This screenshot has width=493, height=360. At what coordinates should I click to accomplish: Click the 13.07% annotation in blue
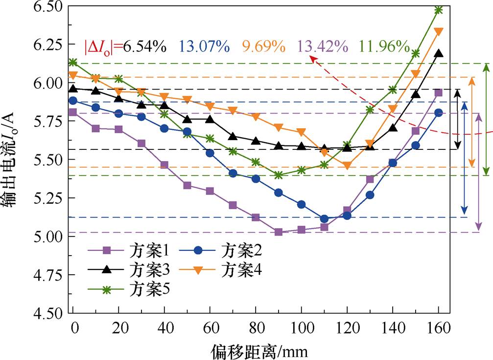click(205, 47)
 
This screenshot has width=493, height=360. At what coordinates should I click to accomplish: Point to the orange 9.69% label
click(263, 47)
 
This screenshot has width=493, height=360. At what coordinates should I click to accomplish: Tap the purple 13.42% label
click(322, 47)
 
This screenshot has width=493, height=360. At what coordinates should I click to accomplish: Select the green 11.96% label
click(384, 47)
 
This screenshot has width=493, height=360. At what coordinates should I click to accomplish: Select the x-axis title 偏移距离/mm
click(260, 350)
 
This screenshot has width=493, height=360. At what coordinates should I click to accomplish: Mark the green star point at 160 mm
click(439, 10)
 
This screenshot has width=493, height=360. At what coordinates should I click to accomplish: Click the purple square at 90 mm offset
click(279, 232)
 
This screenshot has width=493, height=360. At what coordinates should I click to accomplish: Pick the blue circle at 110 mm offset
click(324, 218)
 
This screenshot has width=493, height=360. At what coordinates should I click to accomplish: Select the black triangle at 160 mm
click(439, 53)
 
